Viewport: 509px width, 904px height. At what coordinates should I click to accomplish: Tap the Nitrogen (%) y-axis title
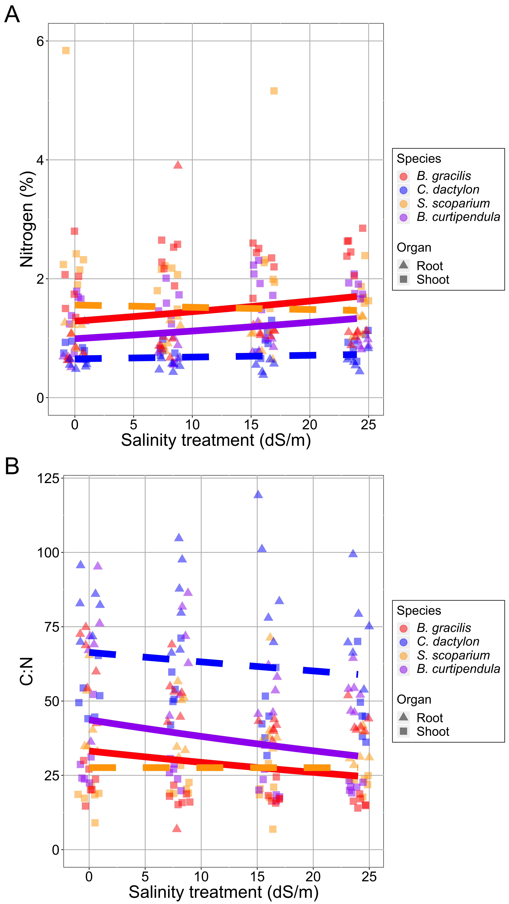pos(27,219)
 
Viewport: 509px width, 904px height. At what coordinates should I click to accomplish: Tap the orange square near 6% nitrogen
pos(66,51)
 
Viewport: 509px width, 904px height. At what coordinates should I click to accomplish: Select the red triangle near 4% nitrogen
pos(178,165)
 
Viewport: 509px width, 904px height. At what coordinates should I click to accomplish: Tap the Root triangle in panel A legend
pos(404,265)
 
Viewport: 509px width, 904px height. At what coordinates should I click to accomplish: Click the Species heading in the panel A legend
pos(419,159)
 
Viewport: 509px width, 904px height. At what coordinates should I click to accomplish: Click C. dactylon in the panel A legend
pos(448,189)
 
